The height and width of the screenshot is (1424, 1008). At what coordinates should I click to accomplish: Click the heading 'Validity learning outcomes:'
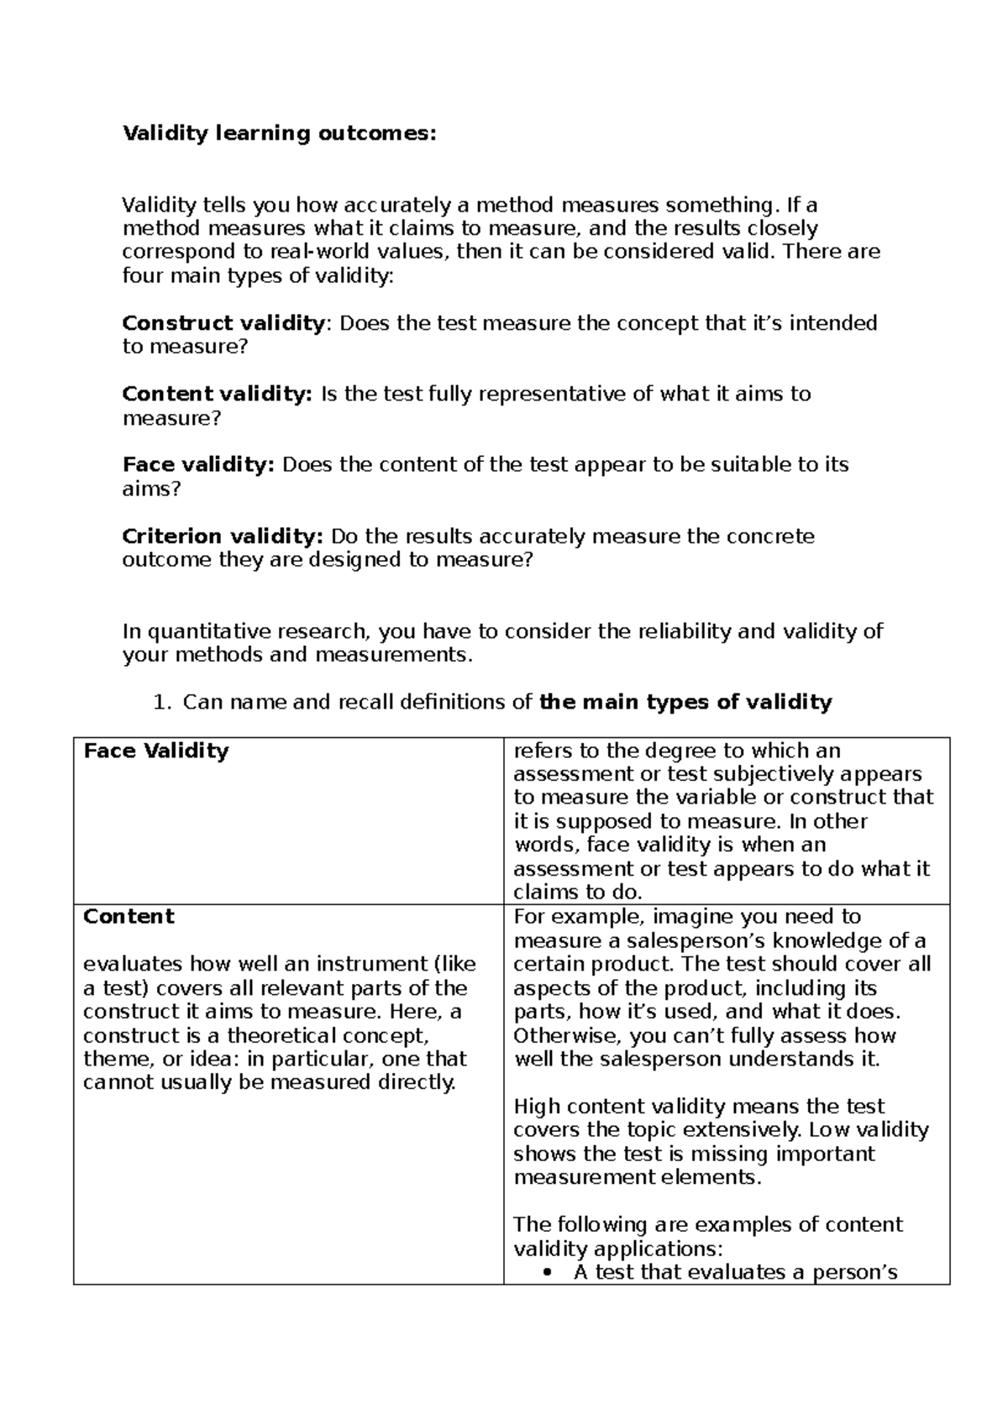point(280,133)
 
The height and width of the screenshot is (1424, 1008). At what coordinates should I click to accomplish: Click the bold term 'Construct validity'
point(223,323)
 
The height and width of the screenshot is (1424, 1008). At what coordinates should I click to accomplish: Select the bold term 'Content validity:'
point(217,394)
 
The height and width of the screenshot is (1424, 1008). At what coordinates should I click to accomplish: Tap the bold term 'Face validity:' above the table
point(198,465)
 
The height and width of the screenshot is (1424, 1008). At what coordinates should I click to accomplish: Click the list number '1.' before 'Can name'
point(163,702)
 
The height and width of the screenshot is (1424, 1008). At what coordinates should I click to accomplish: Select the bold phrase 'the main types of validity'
point(685,702)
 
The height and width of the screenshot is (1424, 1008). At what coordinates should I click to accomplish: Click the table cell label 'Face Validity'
point(156,751)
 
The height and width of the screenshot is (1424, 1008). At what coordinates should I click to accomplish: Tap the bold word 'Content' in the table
point(129,916)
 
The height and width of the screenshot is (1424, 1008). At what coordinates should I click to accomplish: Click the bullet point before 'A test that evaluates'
point(548,1273)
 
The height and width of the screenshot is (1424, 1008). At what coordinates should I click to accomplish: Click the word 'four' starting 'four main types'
point(139,275)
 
